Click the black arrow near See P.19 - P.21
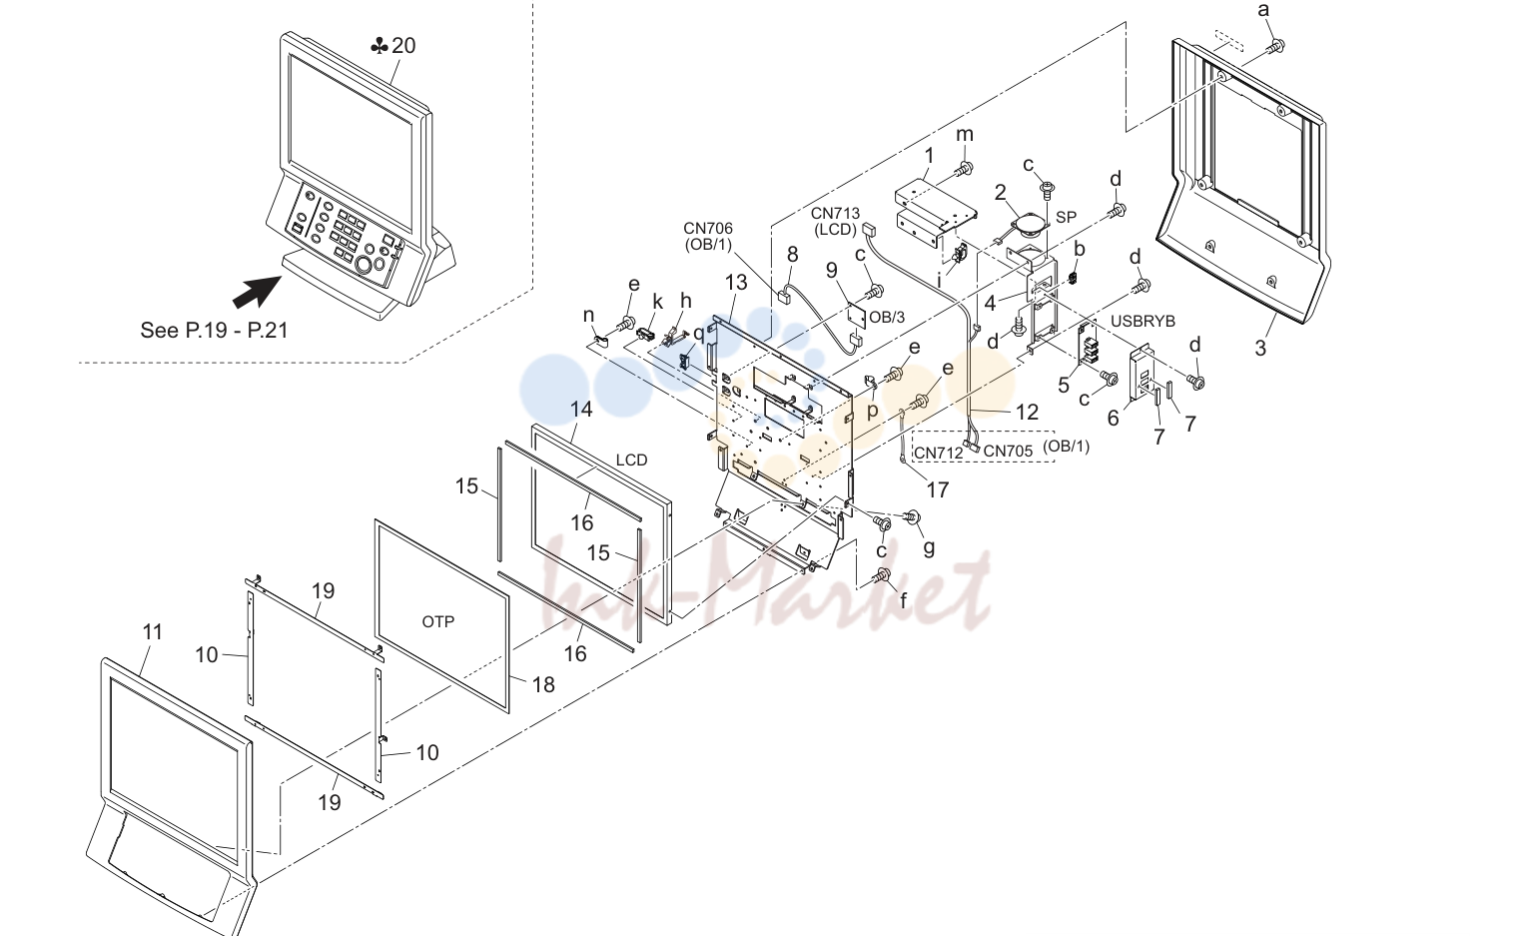[x=257, y=292]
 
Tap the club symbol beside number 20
[x=380, y=46]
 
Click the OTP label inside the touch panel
[x=438, y=621]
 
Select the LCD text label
[x=631, y=460]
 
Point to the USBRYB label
[x=1143, y=321]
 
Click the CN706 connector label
[x=708, y=228]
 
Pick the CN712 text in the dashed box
[x=939, y=453]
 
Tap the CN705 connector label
[x=1008, y=451]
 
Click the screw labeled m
[x=963, y=167]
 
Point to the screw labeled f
[x=882, y=576]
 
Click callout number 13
[x=735, y=282]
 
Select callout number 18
[x=542, y=684]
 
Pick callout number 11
[x=152, y=631]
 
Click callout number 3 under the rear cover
[x=1260, y=348]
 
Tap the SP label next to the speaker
[x=1066, y=217]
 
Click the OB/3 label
[x=887, y=318]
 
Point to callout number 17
[x=937, y=490]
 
